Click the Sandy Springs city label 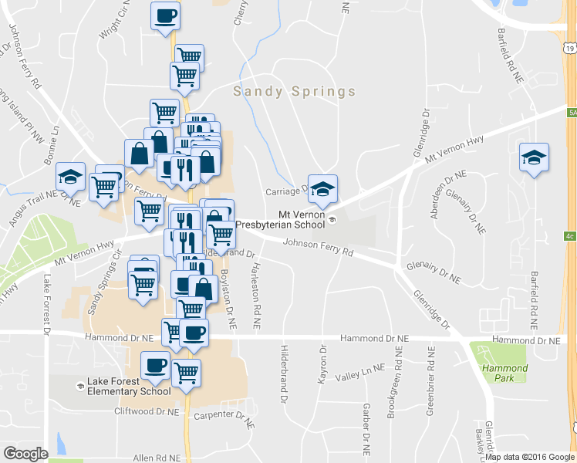pos(295,92)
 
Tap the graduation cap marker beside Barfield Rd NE pos(534,158)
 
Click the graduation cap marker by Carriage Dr pos(323,187)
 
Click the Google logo pos(25,454)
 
